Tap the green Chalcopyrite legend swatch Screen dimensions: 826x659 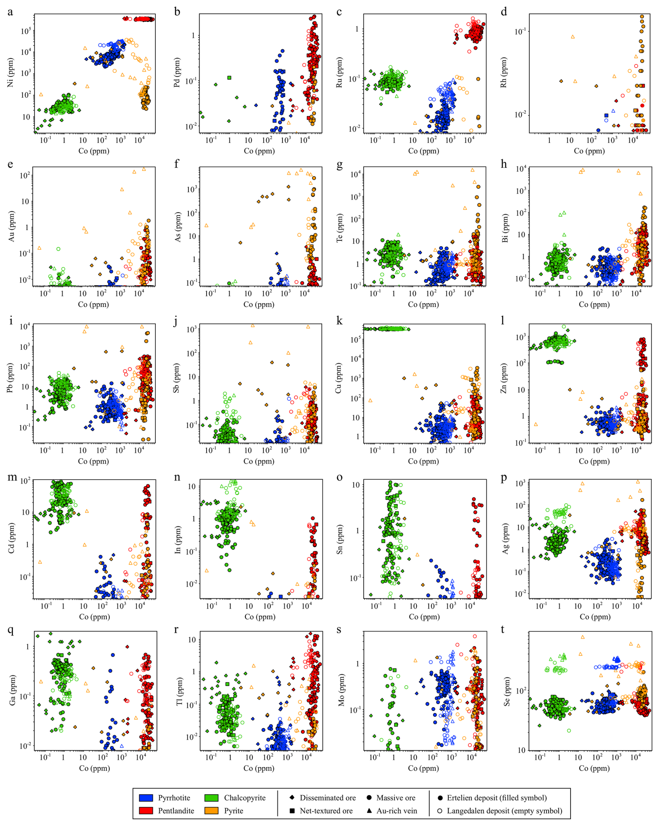(x=211, y=798)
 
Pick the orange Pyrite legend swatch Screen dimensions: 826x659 (x=211, y=811)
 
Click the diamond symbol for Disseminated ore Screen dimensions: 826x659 (x=292, y=798)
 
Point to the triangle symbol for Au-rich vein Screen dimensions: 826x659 (x=369, y=811)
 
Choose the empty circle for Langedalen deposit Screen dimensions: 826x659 (x=440, y=811)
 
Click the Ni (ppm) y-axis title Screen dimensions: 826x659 (x=10, y=72)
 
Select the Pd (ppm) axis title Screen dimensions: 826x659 (x=177, y=72)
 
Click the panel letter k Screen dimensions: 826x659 (x=339, y=321)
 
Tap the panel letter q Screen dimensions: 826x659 (x=10, y=630)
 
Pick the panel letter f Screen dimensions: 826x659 (x=177, y=164)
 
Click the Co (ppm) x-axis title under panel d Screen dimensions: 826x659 (x=589, y=151)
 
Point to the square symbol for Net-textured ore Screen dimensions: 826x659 (x=292, y=811)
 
